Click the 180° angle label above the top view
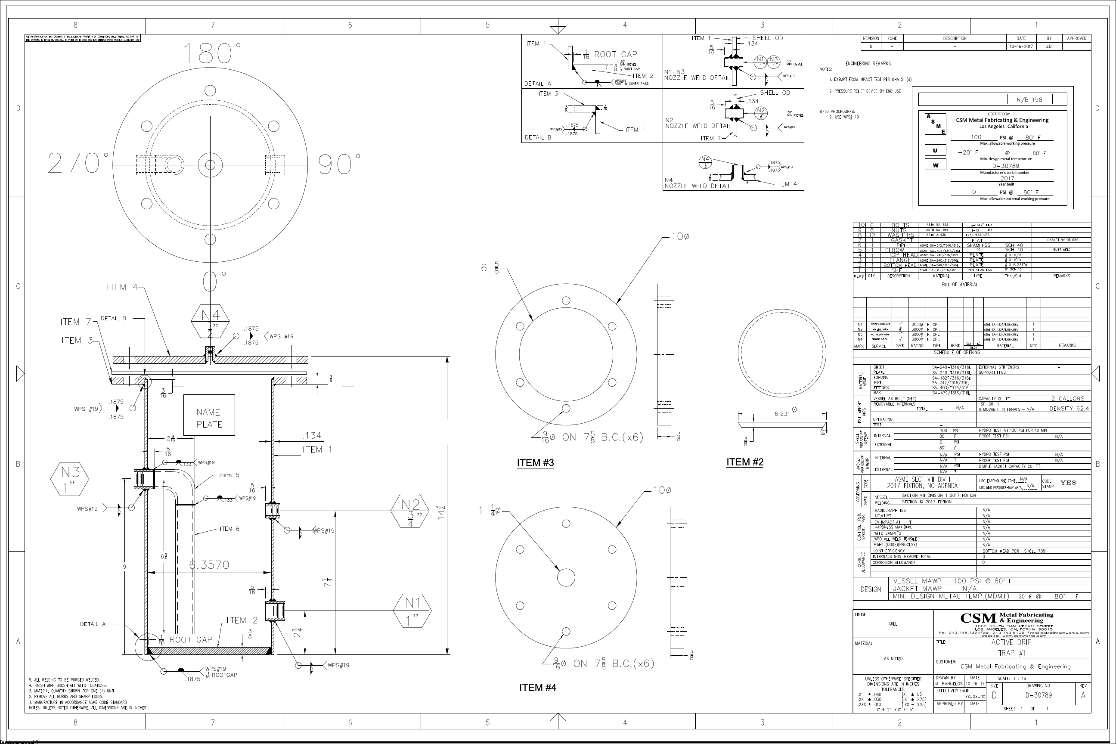click(x=212, y=53)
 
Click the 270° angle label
click(x=78, y=164)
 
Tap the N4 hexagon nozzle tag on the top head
click(x=210, y=321)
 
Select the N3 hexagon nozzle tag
click(x=70, y=479)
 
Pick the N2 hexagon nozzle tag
click(x=410, y=511)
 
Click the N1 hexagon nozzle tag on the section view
click(x=412, y=610)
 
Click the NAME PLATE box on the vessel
click(x=209, y=415)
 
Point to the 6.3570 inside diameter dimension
click(x=209, y=564)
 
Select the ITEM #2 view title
click(x=744, y=462)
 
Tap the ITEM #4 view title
click(x=538, y=688)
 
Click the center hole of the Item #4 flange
click(x=566, y=577)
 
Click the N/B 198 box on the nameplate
click(x=1029, y=99)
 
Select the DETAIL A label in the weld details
click(x=538, y=84)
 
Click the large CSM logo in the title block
click(x=978, y=618)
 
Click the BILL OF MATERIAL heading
click(x=959, y=285)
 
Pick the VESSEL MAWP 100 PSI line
click(x=952, y=581)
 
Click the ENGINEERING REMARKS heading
click(x=868, y=64)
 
